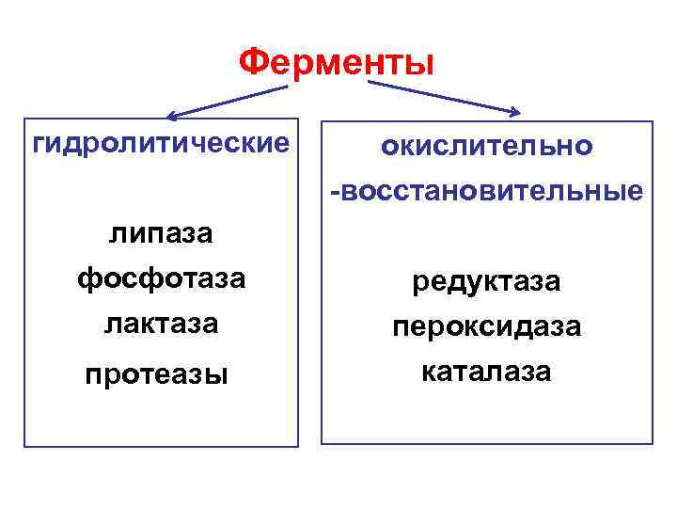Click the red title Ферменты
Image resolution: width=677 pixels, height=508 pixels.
click(337, 64)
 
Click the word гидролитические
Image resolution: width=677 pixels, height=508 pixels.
click(160, 144)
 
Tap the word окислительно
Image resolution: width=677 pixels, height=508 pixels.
click(486, 147)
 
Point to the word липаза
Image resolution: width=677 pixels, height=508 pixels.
click(160, 233)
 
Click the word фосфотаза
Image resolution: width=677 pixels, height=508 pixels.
click(160, 278)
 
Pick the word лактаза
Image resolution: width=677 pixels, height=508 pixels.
click(160, 324)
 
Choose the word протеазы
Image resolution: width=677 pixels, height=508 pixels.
click(156, 373)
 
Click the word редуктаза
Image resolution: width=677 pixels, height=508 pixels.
click(486, 280)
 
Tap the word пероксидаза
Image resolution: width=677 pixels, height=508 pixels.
click(486, 326)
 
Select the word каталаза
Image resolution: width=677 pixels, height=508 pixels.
click(486, 372)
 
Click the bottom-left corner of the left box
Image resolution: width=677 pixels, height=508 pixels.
click(25, 445)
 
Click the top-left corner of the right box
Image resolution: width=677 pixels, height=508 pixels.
click(323, 121)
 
